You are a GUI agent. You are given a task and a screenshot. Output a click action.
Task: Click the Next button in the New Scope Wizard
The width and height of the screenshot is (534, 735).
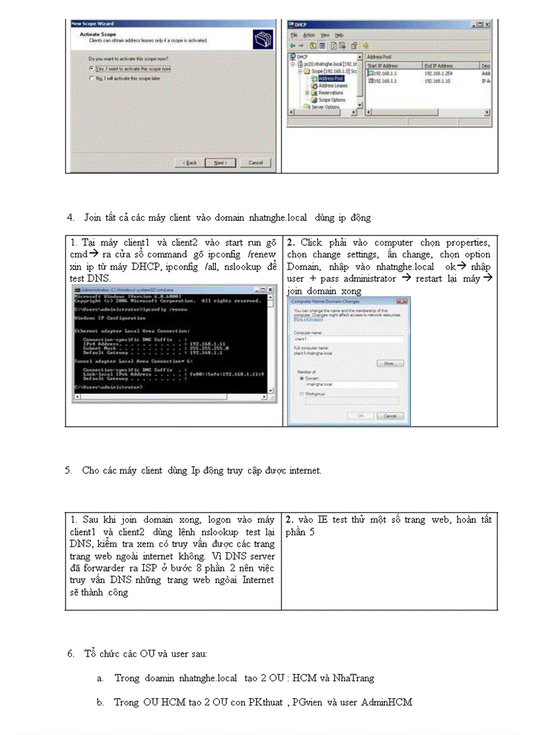click(x=220, y=162)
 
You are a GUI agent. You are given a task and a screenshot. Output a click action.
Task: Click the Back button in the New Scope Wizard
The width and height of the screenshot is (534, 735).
click(x=190, y=162)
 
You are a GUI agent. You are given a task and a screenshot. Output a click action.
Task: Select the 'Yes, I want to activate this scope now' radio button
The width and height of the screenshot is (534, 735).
click(x=91, y=68)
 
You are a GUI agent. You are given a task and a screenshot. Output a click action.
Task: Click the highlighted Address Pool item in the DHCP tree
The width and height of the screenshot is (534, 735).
click(x=330, y=78)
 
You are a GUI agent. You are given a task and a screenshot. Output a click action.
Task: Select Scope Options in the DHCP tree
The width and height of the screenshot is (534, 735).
click(x=332, y=99)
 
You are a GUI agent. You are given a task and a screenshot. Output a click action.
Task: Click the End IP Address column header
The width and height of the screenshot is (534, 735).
click(x=438, y=65)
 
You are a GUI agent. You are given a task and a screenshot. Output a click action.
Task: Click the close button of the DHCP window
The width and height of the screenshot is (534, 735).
click(x=488, y=24)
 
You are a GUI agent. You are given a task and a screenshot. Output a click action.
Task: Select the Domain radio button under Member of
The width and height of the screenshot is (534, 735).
click(x=301, y=378)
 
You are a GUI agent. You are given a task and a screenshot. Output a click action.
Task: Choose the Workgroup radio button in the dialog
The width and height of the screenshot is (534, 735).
click(x=301, y=394)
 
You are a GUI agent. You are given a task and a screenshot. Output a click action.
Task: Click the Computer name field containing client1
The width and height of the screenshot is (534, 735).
click(x=347, y=340)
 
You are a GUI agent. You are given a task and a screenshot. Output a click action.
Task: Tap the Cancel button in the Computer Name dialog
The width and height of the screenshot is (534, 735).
click(x=390, y=416)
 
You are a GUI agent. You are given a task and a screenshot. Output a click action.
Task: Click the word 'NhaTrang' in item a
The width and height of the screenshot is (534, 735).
click(x=353, y=678)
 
